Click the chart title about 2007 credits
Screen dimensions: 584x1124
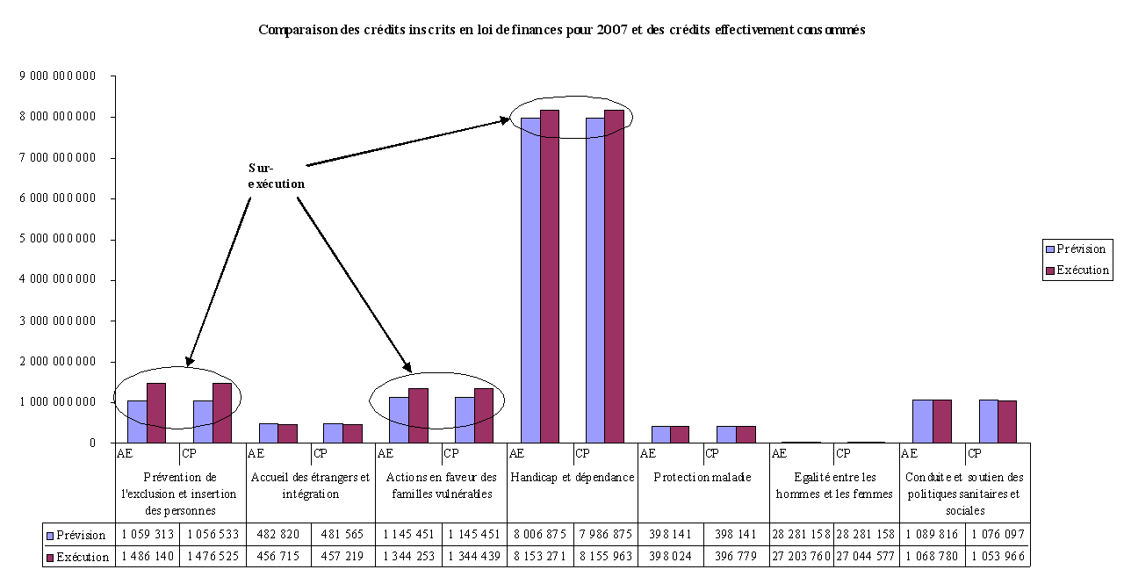[562, 30]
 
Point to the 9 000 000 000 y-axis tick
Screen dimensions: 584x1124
[58, 76]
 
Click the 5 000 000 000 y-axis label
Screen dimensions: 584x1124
[58, 239]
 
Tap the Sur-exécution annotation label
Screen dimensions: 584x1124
[276, 176]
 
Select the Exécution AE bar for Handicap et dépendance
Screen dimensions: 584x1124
[550, 276]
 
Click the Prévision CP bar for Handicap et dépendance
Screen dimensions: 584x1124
[595, 279]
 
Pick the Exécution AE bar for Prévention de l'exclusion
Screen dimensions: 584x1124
[156, 413]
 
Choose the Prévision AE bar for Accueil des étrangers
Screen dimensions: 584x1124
[268, 433]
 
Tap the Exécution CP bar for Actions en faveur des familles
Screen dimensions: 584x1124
[484, 415]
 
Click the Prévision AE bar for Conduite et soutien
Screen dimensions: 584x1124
[922, 421]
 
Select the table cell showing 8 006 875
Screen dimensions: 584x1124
[539, 535]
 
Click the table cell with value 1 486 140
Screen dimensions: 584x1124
[148, 557]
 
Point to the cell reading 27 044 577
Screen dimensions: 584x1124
[866, 557]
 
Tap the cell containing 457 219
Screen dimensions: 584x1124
[343, 557]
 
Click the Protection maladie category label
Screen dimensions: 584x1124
[702, 478]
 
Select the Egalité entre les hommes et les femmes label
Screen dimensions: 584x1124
[833, 486]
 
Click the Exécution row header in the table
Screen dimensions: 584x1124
[79, 557]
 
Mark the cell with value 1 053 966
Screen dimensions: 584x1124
[997, 557]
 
